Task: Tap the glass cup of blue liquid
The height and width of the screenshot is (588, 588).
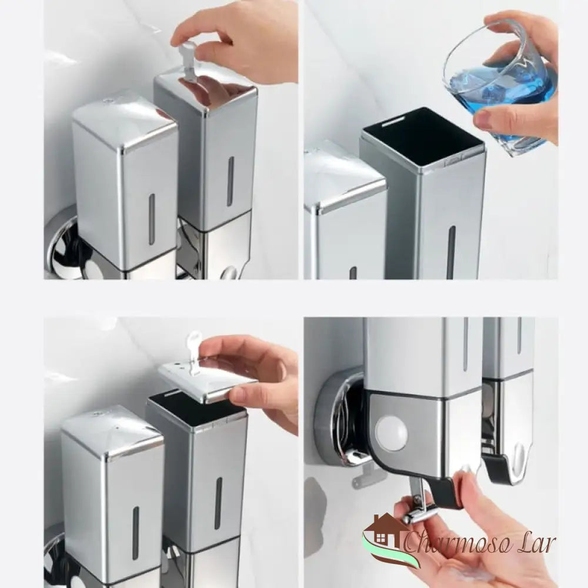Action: (500, 88)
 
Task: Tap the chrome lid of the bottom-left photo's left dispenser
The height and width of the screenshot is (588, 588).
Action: (112, 432)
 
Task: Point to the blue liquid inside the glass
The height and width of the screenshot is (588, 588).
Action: (500, 94)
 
